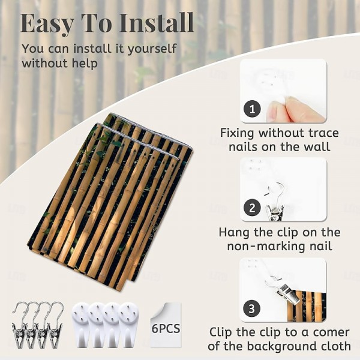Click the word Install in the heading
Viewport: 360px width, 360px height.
157,23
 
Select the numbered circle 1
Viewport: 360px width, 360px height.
252,109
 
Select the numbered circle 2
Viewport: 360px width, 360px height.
252,208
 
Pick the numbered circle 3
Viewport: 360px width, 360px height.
252,308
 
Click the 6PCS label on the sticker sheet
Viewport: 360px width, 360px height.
166,328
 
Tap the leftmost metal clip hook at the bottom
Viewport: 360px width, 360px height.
19,325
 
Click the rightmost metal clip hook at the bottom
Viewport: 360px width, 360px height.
55,325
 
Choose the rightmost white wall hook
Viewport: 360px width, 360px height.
128,325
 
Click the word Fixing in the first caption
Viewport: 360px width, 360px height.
238,133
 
